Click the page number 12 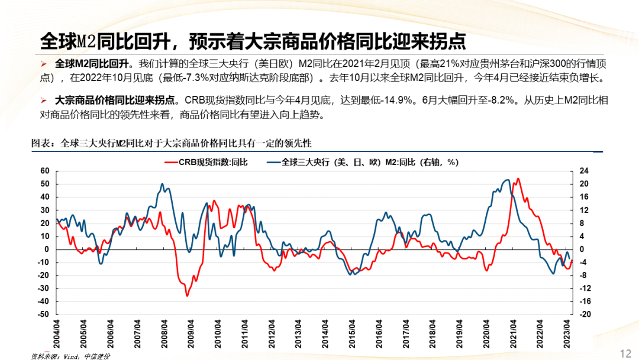point(625,353)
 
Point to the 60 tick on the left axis point(44,171)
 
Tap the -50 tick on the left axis point(43,315)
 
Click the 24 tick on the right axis point(584,171)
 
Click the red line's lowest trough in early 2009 point(187,295)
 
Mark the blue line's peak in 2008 point(163,184)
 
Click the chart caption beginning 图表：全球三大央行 point(171,143)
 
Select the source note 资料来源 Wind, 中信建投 point(70,355)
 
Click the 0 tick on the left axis point(46,249)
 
